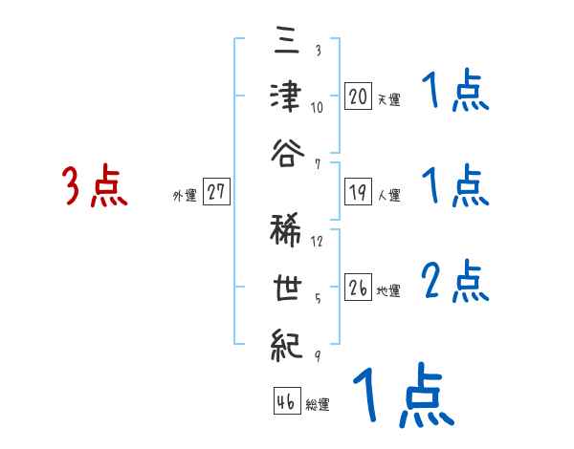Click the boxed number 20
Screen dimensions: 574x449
pyautogui.click(x=358, y=96)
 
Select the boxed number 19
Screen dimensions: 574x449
pyautogui.click(x=358, y=193)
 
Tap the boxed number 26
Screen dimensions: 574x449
pyautogui.click(x=358, y=288)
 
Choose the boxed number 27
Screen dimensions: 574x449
pyautogui.click(x=216, y=193)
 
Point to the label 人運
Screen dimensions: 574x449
pyautogui.click(x=388, y=196)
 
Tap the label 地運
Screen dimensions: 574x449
pyautogui.click(x=388, y=290)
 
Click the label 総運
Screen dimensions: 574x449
pyautogui.click(x=317, y=404)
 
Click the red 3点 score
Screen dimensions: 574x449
pyautogui.click(x=95, y=186)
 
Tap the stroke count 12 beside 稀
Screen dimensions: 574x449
pyautogui.click(x=318, y=242)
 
